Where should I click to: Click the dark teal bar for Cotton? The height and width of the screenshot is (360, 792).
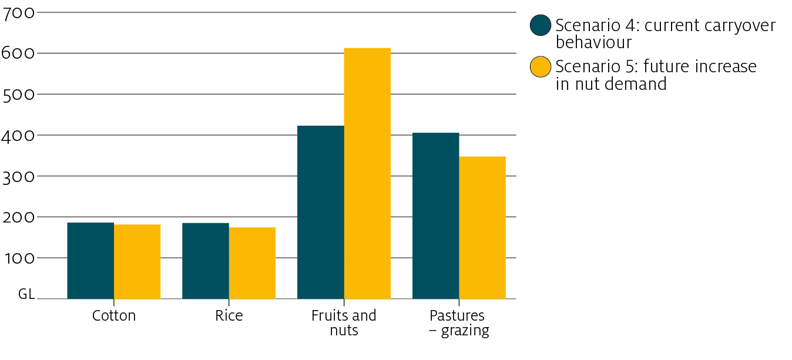[x=90, y=261]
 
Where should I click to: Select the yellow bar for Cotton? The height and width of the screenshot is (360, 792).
[x=137, y=262]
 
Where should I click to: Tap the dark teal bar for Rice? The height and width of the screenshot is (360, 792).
[x=206, y=261]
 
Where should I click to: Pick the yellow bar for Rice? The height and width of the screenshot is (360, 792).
[x=252, y=263]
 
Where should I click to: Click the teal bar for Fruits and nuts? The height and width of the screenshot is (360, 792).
[x=321, y=212]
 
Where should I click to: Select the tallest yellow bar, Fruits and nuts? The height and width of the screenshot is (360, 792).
[x=367, y=173]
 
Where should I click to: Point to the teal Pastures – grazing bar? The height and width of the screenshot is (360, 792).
[x=435, y=216]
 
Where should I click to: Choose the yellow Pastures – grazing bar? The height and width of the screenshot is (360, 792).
[x=482, y=228]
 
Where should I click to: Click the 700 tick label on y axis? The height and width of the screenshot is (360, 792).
[x=19, y=12]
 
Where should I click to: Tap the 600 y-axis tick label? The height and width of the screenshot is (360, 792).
[x=19, y=53]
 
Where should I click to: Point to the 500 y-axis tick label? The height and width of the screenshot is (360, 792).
[x=19, y=95]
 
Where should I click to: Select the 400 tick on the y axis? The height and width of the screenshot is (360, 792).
[x=19, y=136]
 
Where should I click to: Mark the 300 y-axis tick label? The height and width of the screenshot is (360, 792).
[x=19, y=177]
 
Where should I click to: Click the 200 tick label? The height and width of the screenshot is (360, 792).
[x=19, y=218]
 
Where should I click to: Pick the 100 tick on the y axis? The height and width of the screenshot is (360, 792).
[x=19, y=259]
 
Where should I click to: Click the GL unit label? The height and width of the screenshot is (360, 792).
[x=26, y=294]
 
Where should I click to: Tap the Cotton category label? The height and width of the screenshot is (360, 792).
[x=114, y=316]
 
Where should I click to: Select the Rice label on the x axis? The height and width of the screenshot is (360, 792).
[x=229, y=316]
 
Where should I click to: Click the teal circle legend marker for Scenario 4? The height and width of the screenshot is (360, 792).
[x=541, y=25]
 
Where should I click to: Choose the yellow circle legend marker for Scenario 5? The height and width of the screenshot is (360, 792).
[x=541, y=66]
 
